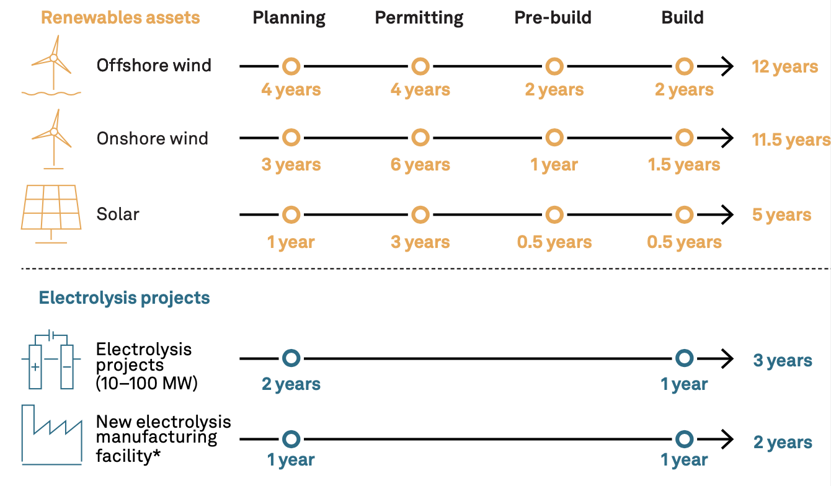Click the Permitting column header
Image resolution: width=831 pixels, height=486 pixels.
[419, 18]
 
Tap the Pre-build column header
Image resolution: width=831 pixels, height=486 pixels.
[553, 17]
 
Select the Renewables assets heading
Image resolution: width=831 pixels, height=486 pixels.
[120, 17]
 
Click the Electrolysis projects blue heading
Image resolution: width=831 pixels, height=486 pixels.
[124, 298]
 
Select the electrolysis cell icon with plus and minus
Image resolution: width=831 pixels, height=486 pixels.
[51, 359]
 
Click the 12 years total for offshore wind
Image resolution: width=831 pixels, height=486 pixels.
[784, 67]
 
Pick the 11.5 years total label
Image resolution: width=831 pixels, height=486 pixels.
[791, 140]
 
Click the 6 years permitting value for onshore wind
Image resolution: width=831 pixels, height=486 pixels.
[420, 164]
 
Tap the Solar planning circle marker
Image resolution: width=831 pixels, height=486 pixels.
[291, 206]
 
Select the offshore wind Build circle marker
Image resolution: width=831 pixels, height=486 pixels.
[685, 58]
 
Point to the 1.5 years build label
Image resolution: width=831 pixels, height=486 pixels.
[684, 164]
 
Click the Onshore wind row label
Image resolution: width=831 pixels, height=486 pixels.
[152, 139]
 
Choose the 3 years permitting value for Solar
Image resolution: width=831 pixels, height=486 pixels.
[420, 242]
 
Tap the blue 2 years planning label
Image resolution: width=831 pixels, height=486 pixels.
[291, 384]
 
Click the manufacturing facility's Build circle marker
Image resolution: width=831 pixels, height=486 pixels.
[685, 431]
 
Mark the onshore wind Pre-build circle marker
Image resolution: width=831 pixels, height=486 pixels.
[554, 129]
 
